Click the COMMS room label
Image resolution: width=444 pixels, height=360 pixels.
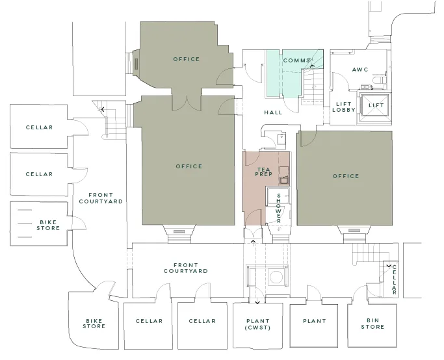coord(296,60)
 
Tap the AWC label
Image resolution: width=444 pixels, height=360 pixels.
coord(360,70)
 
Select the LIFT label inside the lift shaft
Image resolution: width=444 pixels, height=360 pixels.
coord(376,105)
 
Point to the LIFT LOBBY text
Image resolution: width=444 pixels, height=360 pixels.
coord(344,107)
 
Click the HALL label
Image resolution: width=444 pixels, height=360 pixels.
coord(273,112)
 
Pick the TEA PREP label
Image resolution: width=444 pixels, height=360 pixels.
coord(264,172)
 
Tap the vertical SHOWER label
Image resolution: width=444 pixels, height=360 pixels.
coord(279,208)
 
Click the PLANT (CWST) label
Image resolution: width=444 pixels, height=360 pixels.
coord(257,324)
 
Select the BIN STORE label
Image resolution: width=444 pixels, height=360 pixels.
coord(372,324)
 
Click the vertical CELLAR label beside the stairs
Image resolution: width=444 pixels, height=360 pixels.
coord(395,279)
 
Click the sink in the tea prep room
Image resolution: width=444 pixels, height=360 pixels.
coord(284,180)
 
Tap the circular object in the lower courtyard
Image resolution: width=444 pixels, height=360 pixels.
coord(276,277)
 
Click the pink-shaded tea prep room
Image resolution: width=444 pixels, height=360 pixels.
coord(254,188)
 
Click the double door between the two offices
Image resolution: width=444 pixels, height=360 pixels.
coord(187,103)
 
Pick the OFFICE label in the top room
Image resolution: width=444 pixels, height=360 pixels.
coord(187,59)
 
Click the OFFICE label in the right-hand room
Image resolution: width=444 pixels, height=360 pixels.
coord(345,176)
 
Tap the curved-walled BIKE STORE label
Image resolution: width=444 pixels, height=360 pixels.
coord(94,324)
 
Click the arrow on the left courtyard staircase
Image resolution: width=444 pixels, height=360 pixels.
coord(103,109)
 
